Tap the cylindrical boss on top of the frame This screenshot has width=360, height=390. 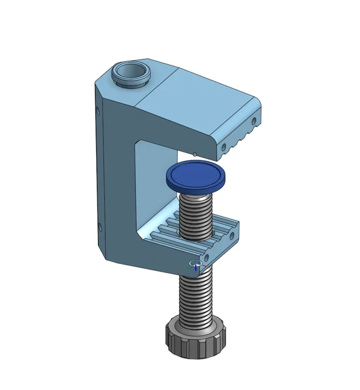[x=131, y=73]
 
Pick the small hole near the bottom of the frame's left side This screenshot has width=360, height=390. [x=98, y=227]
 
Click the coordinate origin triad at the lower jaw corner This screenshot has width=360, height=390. [x=196, y=266]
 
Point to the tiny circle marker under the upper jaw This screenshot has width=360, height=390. [x=195, y=154]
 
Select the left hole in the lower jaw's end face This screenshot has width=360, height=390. [x=205, y=256]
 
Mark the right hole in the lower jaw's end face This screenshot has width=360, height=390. [x=231, y=233]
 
